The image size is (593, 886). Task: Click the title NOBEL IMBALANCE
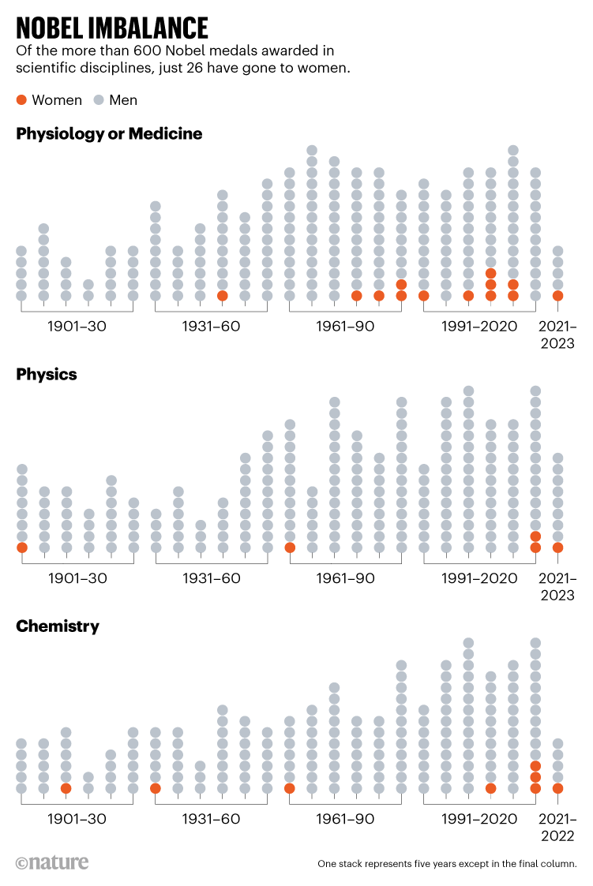click(111, 28)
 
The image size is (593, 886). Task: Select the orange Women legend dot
click(21, 100)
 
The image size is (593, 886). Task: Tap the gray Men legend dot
click(99, 100)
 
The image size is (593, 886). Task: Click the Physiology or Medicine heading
click(109, 134)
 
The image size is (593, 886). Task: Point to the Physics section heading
click(47, 375)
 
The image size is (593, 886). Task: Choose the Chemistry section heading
click(58, 626)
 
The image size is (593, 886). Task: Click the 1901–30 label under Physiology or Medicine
click(77, 327)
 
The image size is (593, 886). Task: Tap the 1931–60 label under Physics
click(212, 578)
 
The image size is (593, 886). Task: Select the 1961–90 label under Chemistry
click(345, 819)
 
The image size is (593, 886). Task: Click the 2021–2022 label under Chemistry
click(557, 827)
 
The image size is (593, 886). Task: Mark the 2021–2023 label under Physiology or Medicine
click(557, 335)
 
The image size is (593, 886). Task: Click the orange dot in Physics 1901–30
click(21, 548)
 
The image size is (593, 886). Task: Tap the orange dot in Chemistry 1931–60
click(156, 788)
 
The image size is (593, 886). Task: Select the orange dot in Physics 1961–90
click(290, 548)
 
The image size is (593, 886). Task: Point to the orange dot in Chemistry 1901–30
click(66, 788)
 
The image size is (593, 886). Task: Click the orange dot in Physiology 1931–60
click(223, 296)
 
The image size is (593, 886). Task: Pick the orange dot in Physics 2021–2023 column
click(557, 548)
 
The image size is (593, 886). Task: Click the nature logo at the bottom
click(52, 862)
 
